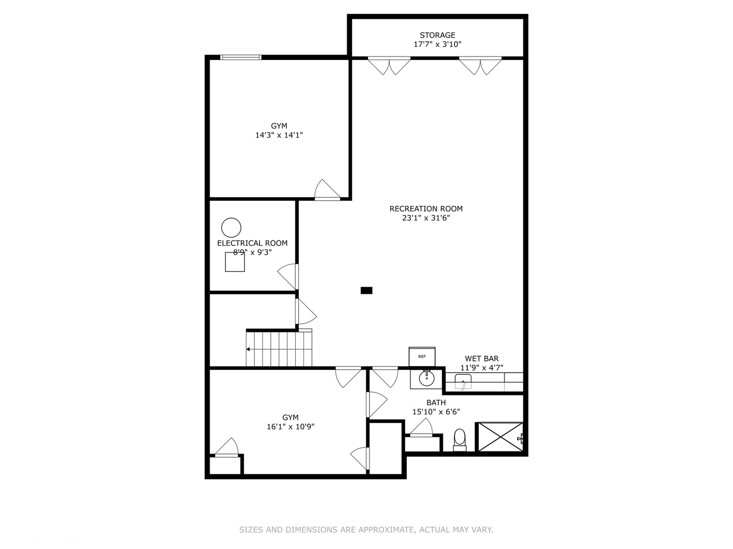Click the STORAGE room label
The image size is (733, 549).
pyautogui.click(x=437, y=35)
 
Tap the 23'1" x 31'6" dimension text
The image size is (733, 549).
pyautogui.click(x=426, y=218)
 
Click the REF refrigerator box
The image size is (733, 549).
pyautogui.click(x=422, y=356)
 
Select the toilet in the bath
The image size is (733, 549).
pyautogui.click(x=460, y=439)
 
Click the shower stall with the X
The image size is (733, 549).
pyautogui.click(x=499, y=437)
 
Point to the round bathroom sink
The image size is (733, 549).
pyautogui.click(x=426, y=378)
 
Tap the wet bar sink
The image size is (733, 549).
pyautogui.click(x=463, y=381)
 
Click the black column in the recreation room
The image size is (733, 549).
pyautogui.click(x=366, y=291)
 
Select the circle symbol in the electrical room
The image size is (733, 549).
pyautogui.click(x=231, y=227)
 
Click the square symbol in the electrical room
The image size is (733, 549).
pyautogui.click(x=235, y=262)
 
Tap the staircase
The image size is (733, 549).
pyautogui.click(x=279, y=348)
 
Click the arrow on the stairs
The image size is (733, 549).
pyautogui.click(x=248, y=349)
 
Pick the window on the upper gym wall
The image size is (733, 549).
pyautogui.click(x=241, y=57)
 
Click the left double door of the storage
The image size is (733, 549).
pyautogui.click(x=389, y=66)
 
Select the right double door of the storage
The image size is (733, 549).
pyautogui.click(x=480, y=66)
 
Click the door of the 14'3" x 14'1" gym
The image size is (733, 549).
pyautogui.click(x=326, y=191)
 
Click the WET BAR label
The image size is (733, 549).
pyautogui.click(x=482, y=358)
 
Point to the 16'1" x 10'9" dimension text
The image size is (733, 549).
pyautogui.click(x=290, y=427)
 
